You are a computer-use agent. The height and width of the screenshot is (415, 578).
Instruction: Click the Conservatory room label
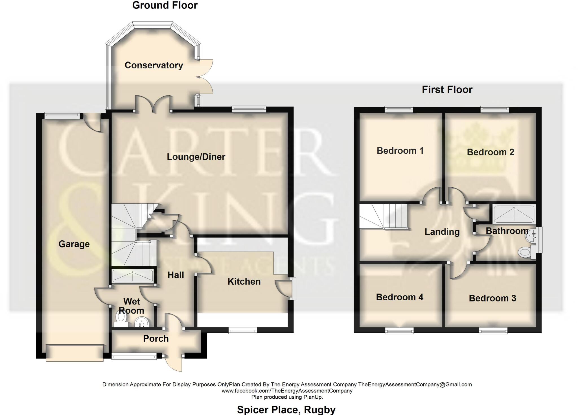tap(154, 65)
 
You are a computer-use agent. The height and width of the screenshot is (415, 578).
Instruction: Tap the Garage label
tap(74, 244)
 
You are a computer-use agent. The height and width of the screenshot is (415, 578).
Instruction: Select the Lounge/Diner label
tap(196, 157)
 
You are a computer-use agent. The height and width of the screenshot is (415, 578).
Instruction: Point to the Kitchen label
tap(244, 282)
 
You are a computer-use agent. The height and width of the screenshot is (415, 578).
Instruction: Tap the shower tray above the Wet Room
tap(132, 276)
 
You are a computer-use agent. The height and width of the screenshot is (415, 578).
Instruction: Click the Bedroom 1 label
tap(400, 151)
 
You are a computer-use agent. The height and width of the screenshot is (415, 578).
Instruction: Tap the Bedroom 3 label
tap(492, 298)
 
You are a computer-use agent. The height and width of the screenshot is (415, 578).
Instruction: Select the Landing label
tap(442, 232)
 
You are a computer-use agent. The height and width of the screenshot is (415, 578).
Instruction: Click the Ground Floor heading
tap(165, 5)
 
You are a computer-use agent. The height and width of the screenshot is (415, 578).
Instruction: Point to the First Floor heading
tap(447, 90)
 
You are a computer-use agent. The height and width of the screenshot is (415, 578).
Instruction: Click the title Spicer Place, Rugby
tap(286, 409)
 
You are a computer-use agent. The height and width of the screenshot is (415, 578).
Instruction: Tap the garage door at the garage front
tap(75, 353)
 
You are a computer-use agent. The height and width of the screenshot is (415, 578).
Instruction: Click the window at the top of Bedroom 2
tap(494, 108)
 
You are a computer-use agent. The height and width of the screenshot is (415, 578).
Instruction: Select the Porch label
tap(156, 339)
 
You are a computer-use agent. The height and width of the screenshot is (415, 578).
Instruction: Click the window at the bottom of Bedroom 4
tap(399, 331)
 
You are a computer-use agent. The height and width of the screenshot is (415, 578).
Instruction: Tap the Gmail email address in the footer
tap(415, 384)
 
